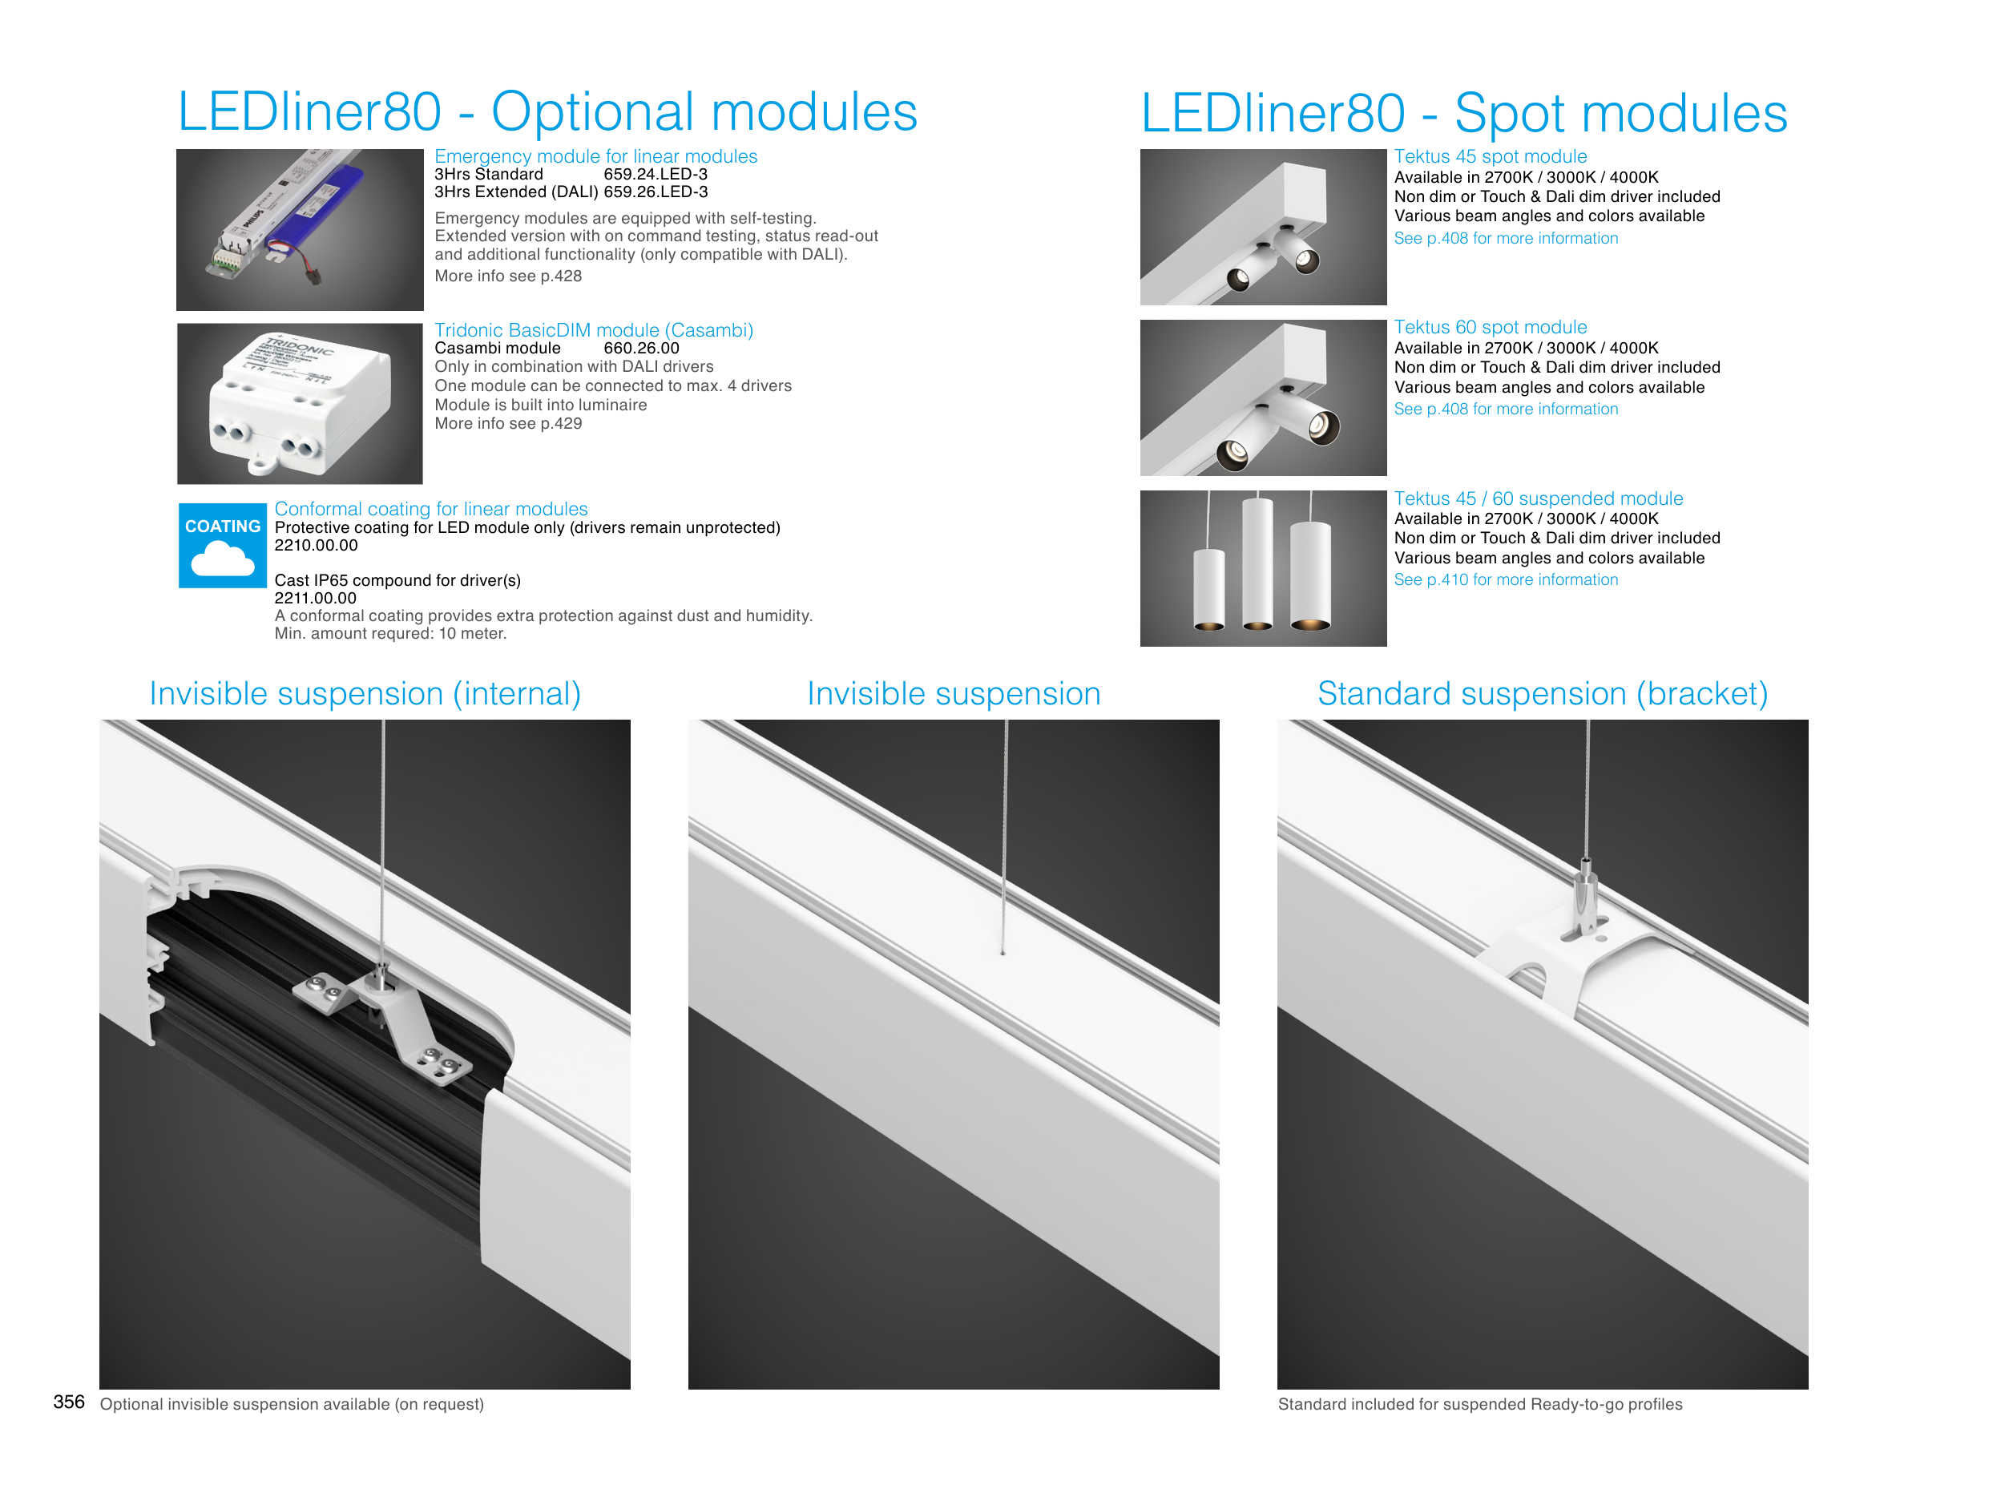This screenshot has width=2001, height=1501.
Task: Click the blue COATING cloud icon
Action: pos(223,546)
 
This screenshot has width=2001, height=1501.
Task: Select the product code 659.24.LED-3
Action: pos(655,175)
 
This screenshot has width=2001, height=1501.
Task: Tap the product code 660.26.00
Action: pos(640,349)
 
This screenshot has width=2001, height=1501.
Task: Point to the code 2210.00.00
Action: pos(316,546)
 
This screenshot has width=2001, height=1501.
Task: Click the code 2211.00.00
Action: pos(316,598)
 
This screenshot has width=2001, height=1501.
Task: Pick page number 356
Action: pos(69,1402)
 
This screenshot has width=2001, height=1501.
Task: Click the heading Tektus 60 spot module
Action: pos(1490,328)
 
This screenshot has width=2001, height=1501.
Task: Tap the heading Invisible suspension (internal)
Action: pos(365,694)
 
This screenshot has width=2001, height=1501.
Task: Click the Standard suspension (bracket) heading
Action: pos(1543,694)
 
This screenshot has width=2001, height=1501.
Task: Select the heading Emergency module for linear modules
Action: pos(595,156)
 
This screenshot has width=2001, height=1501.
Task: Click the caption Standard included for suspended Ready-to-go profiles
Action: pos(1480,1404)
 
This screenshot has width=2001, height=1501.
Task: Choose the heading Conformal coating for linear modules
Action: pos(430,510)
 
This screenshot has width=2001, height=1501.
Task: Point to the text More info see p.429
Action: pos(507,423)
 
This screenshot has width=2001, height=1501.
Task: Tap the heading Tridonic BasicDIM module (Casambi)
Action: pos(594,330)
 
